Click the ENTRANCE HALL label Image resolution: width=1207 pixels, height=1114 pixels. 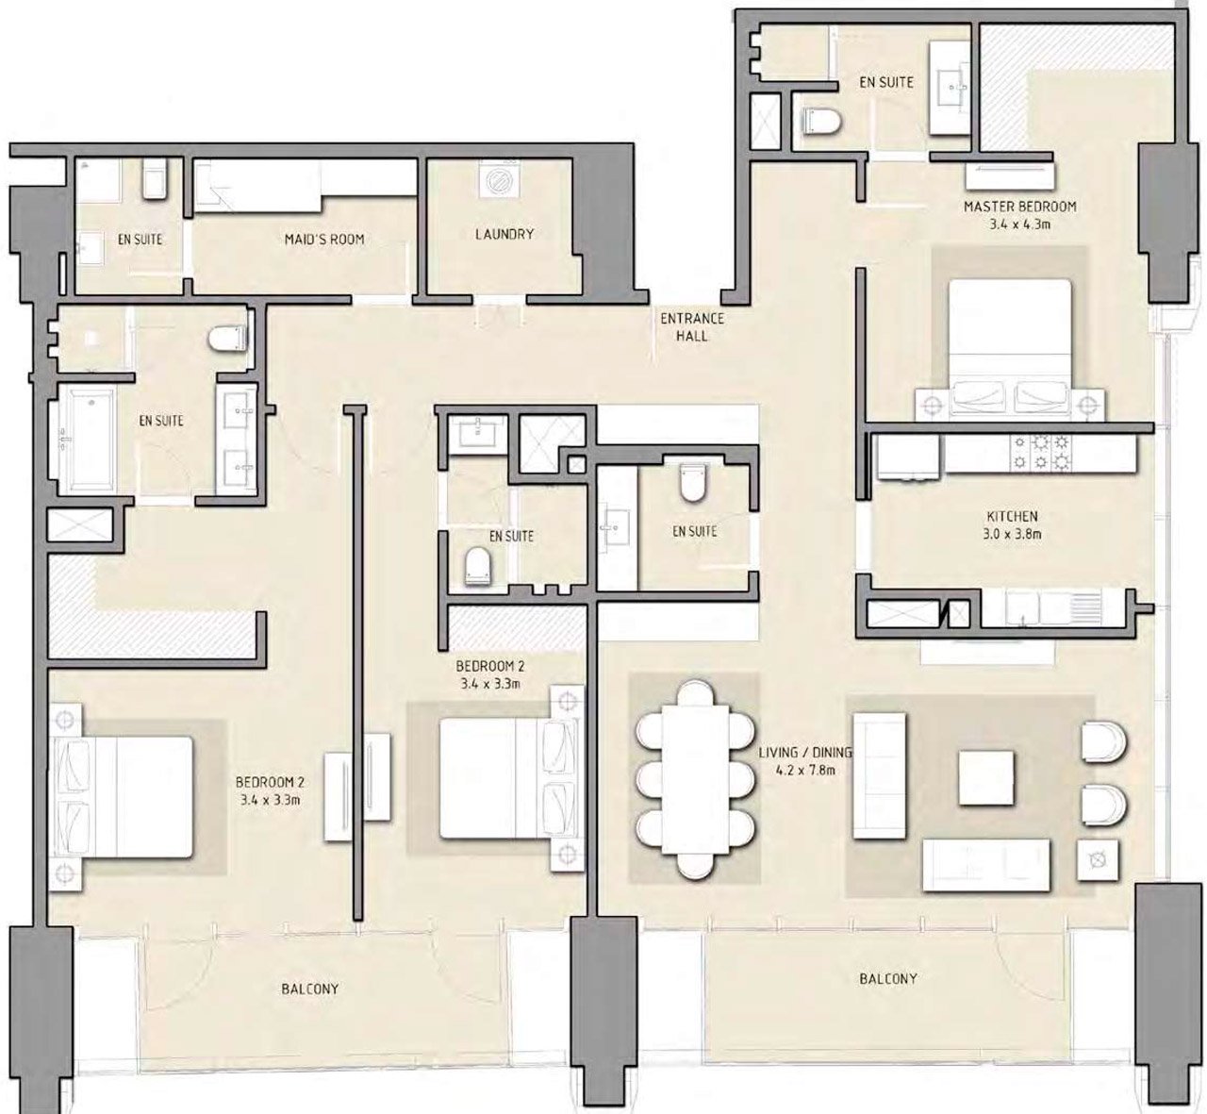[692, 327]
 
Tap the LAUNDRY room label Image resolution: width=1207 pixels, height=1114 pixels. [504, 234]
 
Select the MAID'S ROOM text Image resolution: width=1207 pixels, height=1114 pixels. [324, 240]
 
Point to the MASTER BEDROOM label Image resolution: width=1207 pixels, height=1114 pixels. [1019, 207]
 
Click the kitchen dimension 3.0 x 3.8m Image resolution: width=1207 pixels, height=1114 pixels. [1012, 535]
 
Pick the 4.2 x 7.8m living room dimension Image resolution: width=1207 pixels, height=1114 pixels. [804, 771]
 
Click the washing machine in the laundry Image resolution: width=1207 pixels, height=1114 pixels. [498, 180]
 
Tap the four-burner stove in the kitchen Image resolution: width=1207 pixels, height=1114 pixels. [1040, 453]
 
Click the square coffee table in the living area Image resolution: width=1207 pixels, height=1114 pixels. [985, 778]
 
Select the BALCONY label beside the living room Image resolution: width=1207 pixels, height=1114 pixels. [888, 979]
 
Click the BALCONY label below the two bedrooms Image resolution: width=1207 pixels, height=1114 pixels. [310, 989]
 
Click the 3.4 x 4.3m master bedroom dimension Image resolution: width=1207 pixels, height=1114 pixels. [1019, 224]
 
